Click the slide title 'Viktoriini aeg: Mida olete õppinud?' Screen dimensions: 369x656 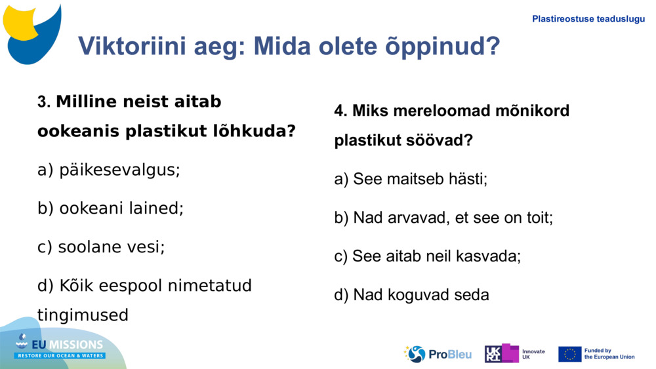289,46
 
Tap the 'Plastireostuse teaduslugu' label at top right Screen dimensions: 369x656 588,19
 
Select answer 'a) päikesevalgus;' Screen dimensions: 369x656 109,170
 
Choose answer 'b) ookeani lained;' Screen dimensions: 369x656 110,208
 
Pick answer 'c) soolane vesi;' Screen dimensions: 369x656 101,247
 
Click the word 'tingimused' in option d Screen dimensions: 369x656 83,315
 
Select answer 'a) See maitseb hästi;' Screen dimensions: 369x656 411,179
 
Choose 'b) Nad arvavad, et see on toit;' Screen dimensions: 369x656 443,218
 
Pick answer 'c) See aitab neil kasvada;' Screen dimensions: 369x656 427,256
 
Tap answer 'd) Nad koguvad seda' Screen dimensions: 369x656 411,295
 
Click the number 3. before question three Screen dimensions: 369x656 44,102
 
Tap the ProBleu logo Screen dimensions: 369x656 438,354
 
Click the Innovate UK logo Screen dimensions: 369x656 515,354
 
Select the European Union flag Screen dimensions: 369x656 569,354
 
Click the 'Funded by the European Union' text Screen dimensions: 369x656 609,354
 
